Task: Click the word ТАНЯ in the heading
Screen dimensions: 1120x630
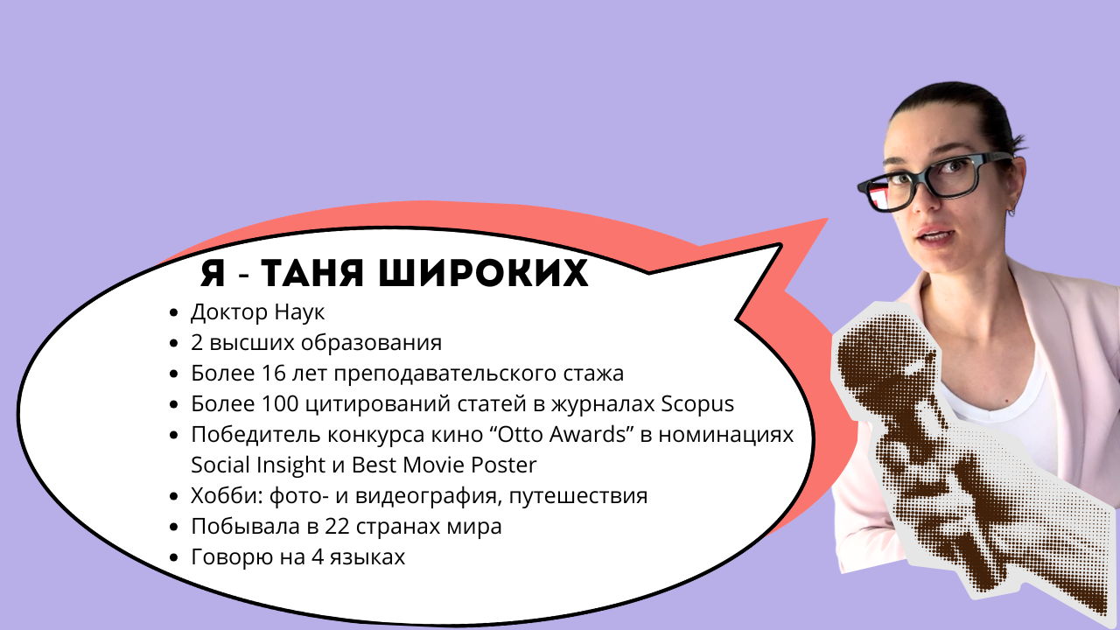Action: pyautogui.click(x=311, y=273)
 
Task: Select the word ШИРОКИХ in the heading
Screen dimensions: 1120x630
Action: pyautogui.click(x=484, y=273)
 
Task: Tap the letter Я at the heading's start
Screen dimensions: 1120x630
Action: pyautogui.click(x=213, y=273)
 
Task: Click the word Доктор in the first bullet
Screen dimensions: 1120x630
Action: pyautogui.click(x=229, y=312)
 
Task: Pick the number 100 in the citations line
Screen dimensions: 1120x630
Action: pyautogui.click(x=280, y=404)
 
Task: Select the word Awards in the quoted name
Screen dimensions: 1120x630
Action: pyautogui.click(x=588, y=435)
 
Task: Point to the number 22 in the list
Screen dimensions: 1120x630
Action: pyautogui.click(x=337, y=527)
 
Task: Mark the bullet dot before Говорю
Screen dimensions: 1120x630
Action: pyautogui.click(x=174, y=557)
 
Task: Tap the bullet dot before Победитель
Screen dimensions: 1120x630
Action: pyautogui.click(x=174, y=435)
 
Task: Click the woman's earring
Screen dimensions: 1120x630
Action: pyautogui.click(x=1011, y=212)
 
